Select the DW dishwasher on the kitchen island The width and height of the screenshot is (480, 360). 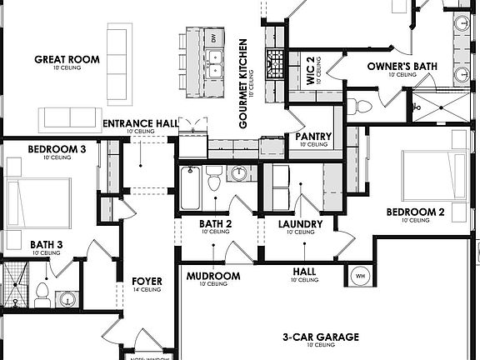pos(214,38)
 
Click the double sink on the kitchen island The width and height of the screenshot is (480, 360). pos(214,60)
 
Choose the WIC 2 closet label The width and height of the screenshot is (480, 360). pos(309,70)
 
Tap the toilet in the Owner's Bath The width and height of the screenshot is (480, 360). pos(359,106)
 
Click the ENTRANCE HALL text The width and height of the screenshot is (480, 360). pos(140,124)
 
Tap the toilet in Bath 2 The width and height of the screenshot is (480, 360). pos(213,179)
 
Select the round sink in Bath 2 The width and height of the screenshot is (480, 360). pos(240,174)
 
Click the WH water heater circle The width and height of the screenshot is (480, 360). pos(361,275)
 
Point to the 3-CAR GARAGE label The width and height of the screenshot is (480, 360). pos(320,337)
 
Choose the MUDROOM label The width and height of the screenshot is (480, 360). pos(213,276)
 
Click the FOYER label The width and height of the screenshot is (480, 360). pos(146,281)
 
